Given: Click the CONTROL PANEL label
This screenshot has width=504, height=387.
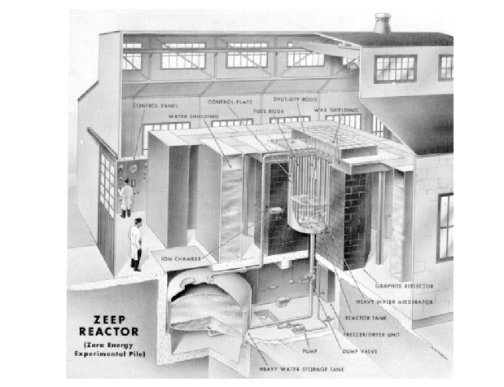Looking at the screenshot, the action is pyautogui.click(x=156, y=106).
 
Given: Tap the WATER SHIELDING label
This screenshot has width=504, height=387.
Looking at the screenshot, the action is pyautogui.click(x=194, y=117).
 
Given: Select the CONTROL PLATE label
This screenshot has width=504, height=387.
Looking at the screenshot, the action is pyautogui.click(x=230, y=102).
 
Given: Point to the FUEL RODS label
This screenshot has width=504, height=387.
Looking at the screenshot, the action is pyautogui.click(x=269, y=112).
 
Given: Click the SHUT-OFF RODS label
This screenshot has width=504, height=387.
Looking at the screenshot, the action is pyautogui.click(x=295, y=99).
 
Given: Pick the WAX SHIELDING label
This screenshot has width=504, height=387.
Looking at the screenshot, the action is pyautogui.click(x=336, y=110).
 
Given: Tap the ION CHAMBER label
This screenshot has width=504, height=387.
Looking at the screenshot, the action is pyautogui.click(x=181, y=258).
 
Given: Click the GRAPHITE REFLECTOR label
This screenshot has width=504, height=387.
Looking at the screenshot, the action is pyautogui.click(x=405, y=286).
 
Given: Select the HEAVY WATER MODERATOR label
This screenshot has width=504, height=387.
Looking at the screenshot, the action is pyautogui.click(x=394, y=302).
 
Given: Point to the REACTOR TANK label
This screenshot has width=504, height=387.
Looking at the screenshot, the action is pyautogui.click(x=366, y=319).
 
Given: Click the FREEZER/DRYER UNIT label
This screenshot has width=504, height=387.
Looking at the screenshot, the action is pyautogui.click(x=371, y=335).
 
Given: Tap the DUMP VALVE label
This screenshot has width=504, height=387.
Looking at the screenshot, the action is pyautogui.click(x=360, y=352).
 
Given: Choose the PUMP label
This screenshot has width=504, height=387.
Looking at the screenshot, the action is pyautogui.click(x=310, y=351).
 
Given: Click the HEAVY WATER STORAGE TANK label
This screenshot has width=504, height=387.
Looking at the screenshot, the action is pyautogui.click(x=301, y=369).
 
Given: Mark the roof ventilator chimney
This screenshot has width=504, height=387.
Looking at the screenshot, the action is pyautogui.click(x=382, y=23).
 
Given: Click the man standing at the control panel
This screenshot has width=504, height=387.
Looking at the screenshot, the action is pyautogui.click(x=125, y=198).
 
